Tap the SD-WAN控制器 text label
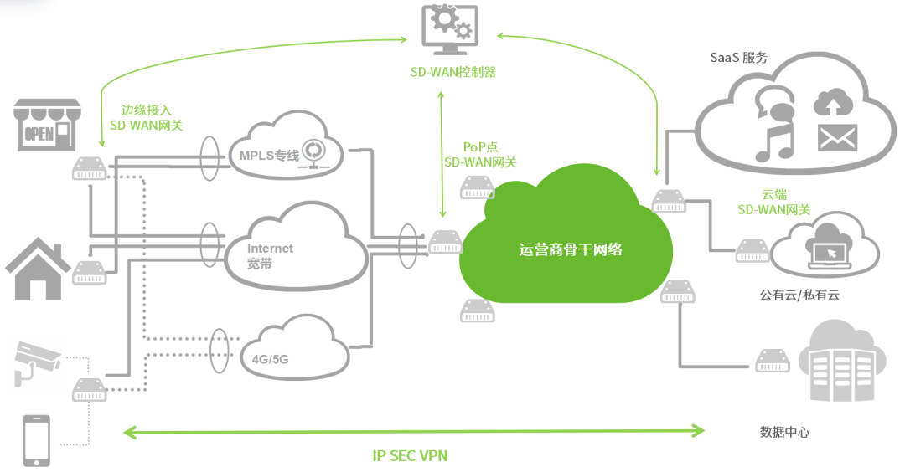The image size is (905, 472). (452, 72)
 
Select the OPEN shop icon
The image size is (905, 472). (45, 126)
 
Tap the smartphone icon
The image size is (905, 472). (35, 439)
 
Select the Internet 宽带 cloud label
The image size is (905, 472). (270, 255)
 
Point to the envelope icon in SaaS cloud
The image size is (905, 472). (835, 138)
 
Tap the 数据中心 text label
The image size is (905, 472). (784, 432)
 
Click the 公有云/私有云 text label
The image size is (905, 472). (799, 295)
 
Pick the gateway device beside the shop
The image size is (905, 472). (89, 167)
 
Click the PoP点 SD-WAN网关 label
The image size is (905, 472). (479, 155)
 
